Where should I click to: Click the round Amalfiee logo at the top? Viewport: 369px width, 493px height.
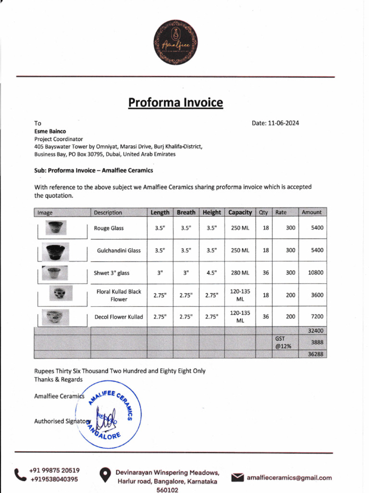point(175,42)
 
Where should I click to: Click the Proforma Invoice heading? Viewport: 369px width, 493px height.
point(175,103)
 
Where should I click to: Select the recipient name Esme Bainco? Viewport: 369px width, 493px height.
point(50,131)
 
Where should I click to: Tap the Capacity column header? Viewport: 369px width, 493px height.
point(240,212)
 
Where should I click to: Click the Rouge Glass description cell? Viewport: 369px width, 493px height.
point(109,228)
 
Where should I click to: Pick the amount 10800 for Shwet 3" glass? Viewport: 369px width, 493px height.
point(316,272)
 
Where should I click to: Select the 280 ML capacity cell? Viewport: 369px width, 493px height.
point(240,273)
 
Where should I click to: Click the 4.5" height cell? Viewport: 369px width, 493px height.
point(212,273)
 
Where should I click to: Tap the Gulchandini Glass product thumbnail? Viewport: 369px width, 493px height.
point(56,251)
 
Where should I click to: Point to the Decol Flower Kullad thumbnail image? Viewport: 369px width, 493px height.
point(54,317)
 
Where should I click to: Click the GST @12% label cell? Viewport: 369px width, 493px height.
point(281,342)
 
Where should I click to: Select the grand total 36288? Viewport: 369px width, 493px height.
point(316,354)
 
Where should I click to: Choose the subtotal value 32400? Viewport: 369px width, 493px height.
point(316,331)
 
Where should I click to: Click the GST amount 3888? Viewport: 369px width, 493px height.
point(316,342)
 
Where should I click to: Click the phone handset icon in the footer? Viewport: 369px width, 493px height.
point(20,475)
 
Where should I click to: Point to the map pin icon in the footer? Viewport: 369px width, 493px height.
point(105,476)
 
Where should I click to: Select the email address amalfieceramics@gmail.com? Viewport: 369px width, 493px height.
point(289,478)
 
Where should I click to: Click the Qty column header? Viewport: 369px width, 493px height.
point(264,212)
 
